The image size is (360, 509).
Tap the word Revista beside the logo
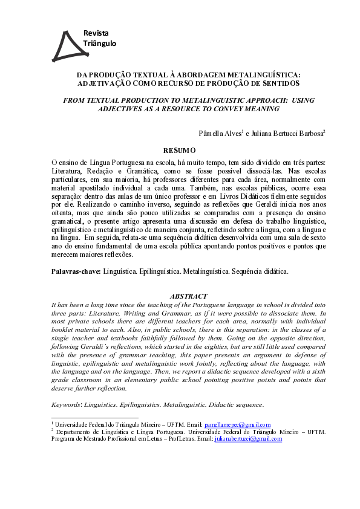click(96, 33)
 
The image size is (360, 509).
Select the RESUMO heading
click(180, 150)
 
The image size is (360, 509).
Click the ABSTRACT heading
click(189, 296)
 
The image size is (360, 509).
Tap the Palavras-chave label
click(77, 271)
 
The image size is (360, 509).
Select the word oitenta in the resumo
click(62, 213)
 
